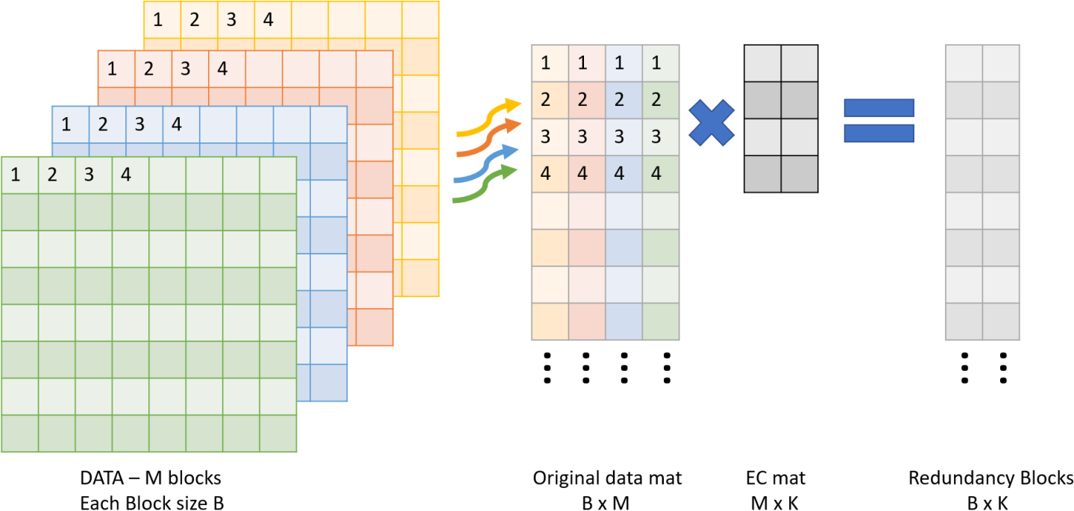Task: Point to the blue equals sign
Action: (x=879, y=121)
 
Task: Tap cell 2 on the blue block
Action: (x=102, y=125)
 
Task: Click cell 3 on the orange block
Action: (x=185, y=70)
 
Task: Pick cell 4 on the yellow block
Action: (x=268, y=19)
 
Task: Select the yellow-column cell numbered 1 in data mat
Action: (x=546, y=63)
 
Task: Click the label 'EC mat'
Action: (x=776, y=478)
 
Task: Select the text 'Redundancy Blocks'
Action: (x=990, y=478)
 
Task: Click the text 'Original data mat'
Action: (x=606, y=478)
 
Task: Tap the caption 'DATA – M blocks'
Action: (x=151, y=477)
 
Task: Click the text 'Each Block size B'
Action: (x=151, y=504)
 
